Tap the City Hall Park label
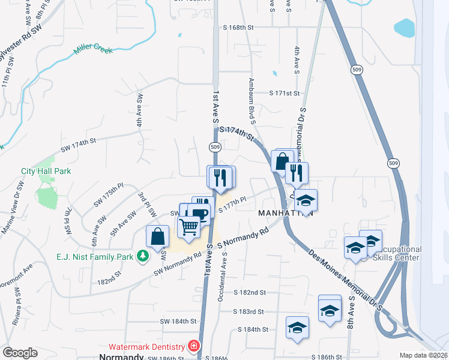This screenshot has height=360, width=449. pos(46,171)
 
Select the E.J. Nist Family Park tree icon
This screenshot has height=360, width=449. pos(142,257)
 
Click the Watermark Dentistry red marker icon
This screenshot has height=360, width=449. pos(193,346)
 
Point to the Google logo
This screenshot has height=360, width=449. pos(20,353)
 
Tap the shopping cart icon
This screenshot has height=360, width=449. pos(189,227)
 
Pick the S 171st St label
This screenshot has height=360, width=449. pos(283,93)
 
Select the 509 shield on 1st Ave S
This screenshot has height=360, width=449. pos(215,146)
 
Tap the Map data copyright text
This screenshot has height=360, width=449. pos(424,355)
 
